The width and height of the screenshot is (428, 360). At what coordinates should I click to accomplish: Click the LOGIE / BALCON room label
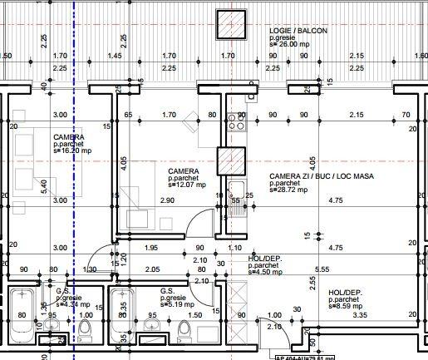tap(298, 31)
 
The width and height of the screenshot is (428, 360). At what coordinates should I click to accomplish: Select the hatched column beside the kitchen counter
tap(229, 158)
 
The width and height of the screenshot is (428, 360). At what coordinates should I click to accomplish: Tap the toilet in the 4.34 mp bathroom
tap(85, 332)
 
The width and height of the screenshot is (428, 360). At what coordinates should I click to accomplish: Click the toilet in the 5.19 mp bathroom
tap(185, 331)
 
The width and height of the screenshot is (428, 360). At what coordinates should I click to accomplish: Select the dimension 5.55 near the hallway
tap(346, 269)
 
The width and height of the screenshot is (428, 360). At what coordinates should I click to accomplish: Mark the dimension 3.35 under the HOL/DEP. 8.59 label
tap(359, 316)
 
